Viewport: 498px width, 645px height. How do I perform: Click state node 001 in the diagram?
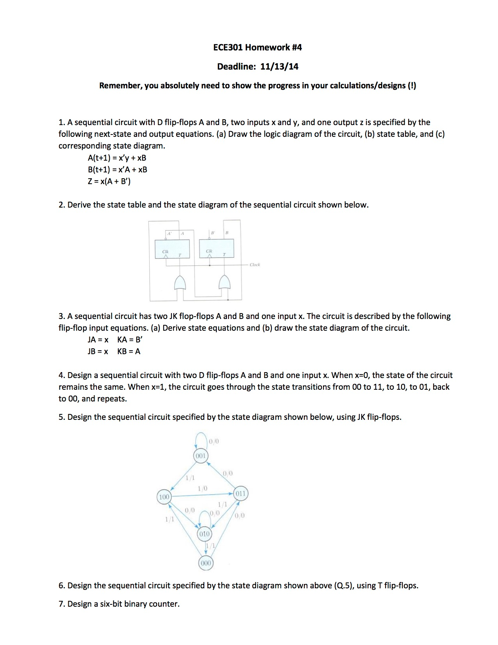(x=201, y=456)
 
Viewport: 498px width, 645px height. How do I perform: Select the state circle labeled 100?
(x=164, y=497)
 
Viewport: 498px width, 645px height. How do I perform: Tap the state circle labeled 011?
(x=241, y=494)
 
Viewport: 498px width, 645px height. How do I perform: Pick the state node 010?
(x=204, y=534)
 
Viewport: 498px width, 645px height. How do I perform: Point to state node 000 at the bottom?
(x=205, y=563)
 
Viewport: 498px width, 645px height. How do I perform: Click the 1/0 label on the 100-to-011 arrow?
(x=202, y=488)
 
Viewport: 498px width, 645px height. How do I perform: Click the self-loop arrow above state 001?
(x=201, y=439)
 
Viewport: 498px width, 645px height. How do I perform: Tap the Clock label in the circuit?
(x=255, y=265)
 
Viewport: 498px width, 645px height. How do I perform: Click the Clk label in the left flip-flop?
(x=165, y=251)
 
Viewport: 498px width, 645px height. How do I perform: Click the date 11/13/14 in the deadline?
(x=279, y=66)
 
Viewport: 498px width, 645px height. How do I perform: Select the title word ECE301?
(x=228, y=47)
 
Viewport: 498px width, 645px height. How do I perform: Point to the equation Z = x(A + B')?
(x=109, y=181)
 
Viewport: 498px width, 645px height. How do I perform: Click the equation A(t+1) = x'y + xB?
(x=117, y=158)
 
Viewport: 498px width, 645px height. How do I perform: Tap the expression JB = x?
(x=98, y=351)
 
